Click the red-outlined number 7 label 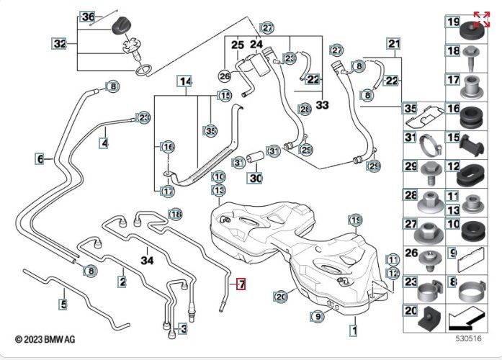[241, 285]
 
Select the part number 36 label [88, 17]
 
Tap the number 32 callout [60, 43]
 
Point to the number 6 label [40, 158]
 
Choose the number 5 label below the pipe [63, 305]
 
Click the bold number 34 [148, 260]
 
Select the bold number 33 [322, 105]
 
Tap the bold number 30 [256, 177]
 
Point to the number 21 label [393, 45]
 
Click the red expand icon [481, 19]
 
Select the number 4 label [105, 143]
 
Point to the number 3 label [183, 329]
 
